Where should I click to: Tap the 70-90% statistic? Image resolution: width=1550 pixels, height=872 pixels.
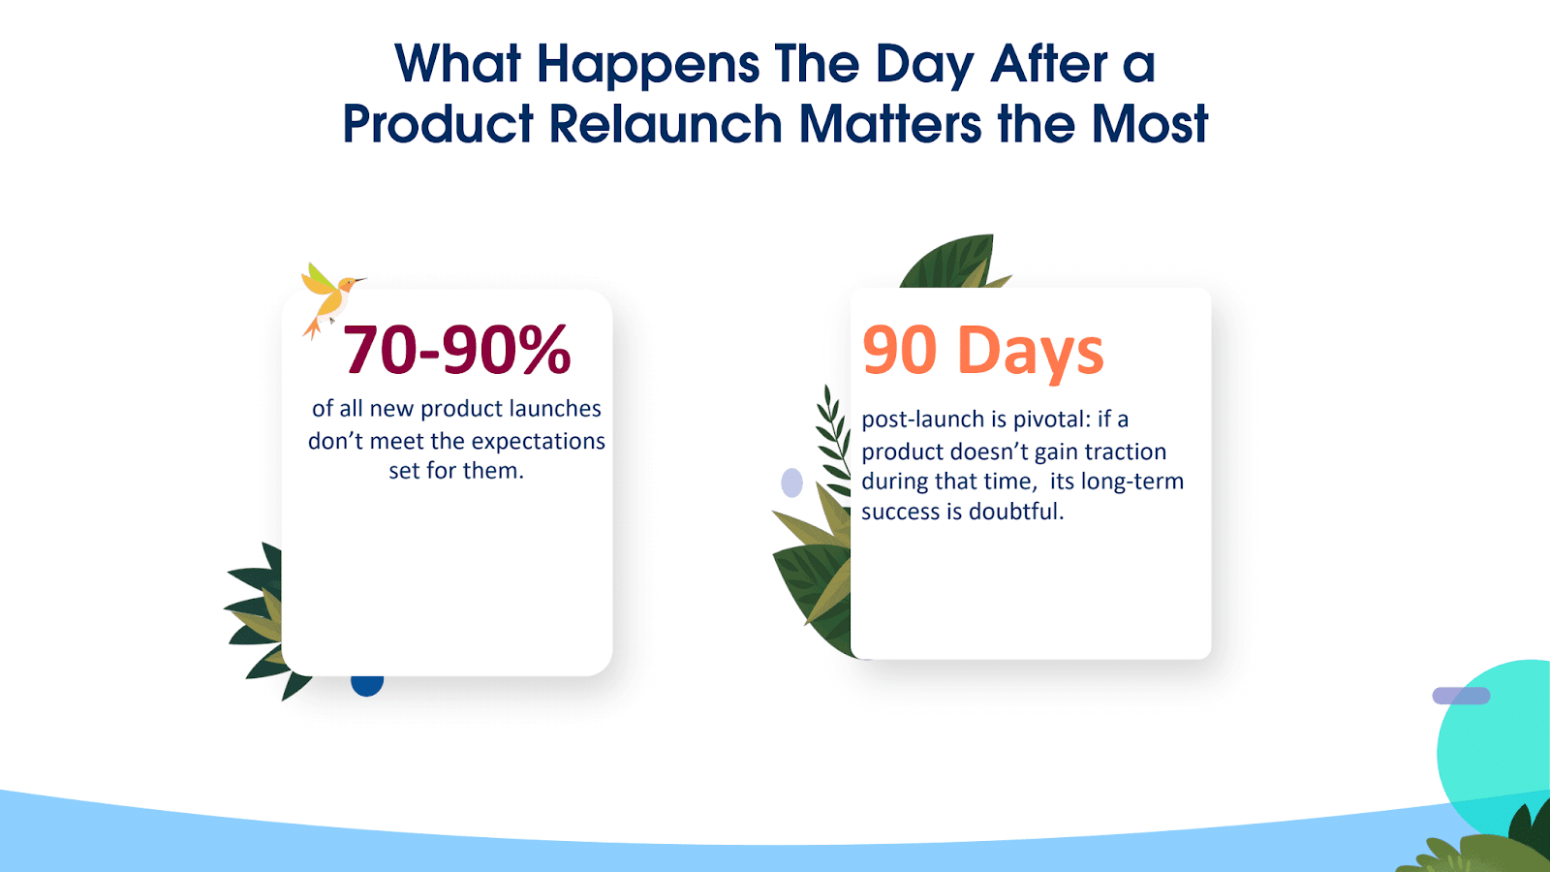tap(456, 350)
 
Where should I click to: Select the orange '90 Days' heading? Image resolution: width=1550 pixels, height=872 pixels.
tap(982, 352)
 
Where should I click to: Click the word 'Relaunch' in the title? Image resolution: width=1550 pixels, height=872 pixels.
tap(666, 124)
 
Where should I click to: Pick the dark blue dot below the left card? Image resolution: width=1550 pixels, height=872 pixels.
tap(367, 684)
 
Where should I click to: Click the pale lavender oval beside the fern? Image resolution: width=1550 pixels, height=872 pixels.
tap(791, 483)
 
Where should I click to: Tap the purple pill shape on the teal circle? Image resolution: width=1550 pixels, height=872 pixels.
tap(1461, 696)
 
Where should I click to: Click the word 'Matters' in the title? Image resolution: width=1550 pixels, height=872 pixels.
tap(890, 124)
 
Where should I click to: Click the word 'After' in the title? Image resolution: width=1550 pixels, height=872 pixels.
tap(1048, 64)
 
